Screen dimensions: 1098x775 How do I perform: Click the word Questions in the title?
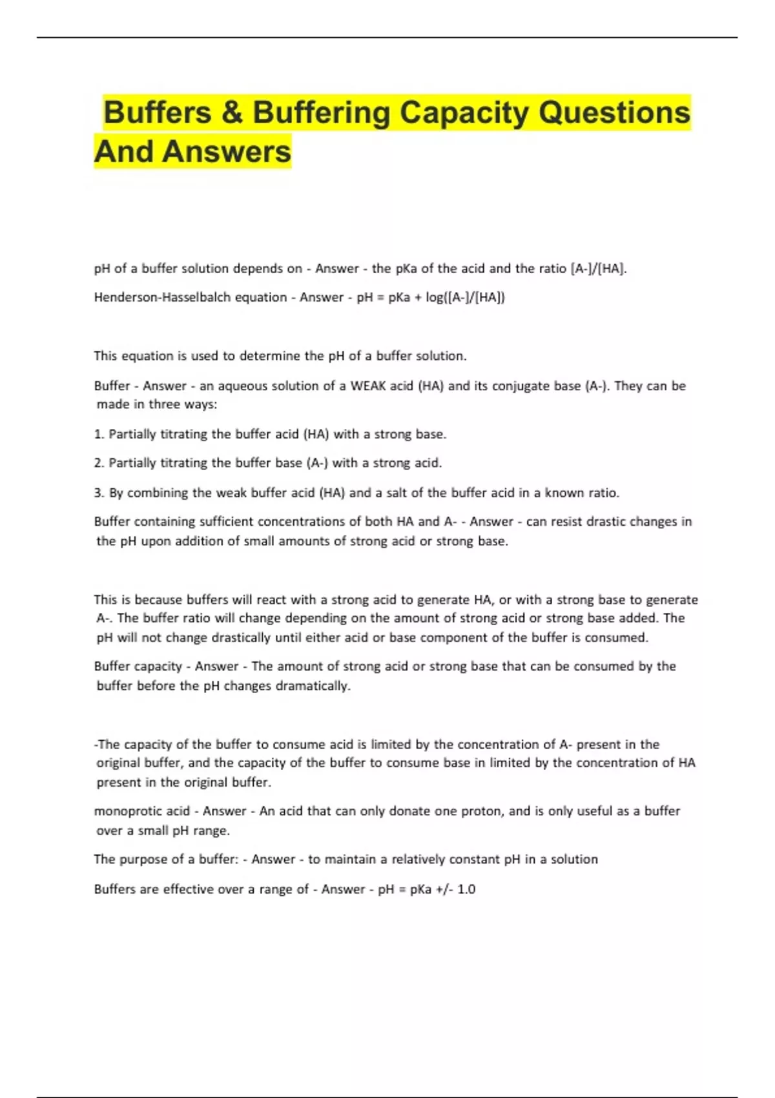pos(614,112)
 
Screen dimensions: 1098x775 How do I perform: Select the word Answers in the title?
pos(227,152)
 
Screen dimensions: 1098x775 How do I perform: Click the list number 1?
pos(99,434)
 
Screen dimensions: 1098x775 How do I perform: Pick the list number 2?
pos(99,463)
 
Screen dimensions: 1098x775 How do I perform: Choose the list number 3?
pos(99,493)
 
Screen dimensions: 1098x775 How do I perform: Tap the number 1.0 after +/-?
pos(466,889)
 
